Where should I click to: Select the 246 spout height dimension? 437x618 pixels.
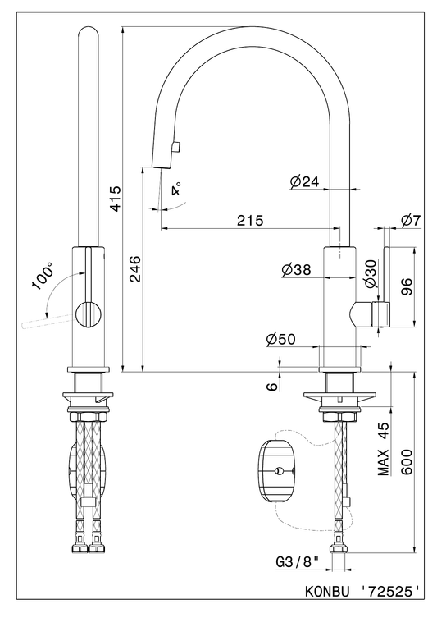tap(135, 268)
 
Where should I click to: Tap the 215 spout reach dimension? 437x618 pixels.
tap(250, 220)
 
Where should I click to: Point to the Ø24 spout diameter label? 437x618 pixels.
tap(304, 181)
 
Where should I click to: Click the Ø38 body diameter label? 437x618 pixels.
tap(296, 269)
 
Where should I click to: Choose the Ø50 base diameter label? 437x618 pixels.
tap(280, 339)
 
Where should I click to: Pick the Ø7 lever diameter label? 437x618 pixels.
tap(411, 221)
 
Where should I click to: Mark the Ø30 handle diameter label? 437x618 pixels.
tap(371, 273)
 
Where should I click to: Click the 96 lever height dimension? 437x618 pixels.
tap(406, 287)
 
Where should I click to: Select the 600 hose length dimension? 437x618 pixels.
tap(406, 462)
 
